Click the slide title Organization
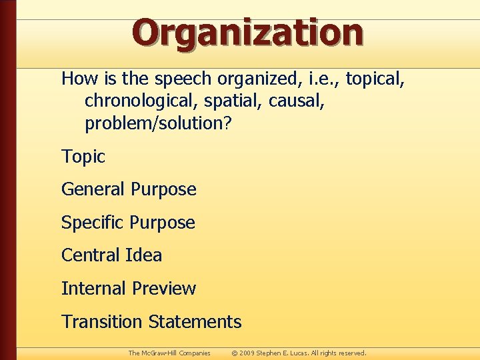(247, 32)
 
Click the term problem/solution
(157, 123)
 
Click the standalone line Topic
(83, 157)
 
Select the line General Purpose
(129, 189)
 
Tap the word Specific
(93, 223)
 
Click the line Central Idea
(111, 255)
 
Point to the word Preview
(164, 289)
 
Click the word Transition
(103, 322)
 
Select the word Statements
(195, 322)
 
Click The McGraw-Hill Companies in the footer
(169, 353)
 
